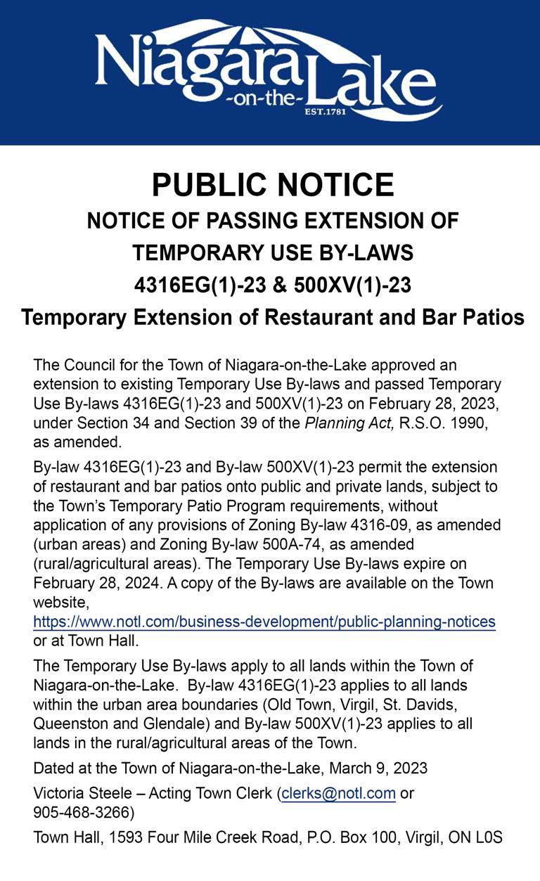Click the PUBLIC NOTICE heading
273,185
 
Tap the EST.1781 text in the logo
325,111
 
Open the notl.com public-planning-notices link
264,622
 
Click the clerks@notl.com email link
338,793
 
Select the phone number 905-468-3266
79,812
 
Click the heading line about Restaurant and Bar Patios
273,317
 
